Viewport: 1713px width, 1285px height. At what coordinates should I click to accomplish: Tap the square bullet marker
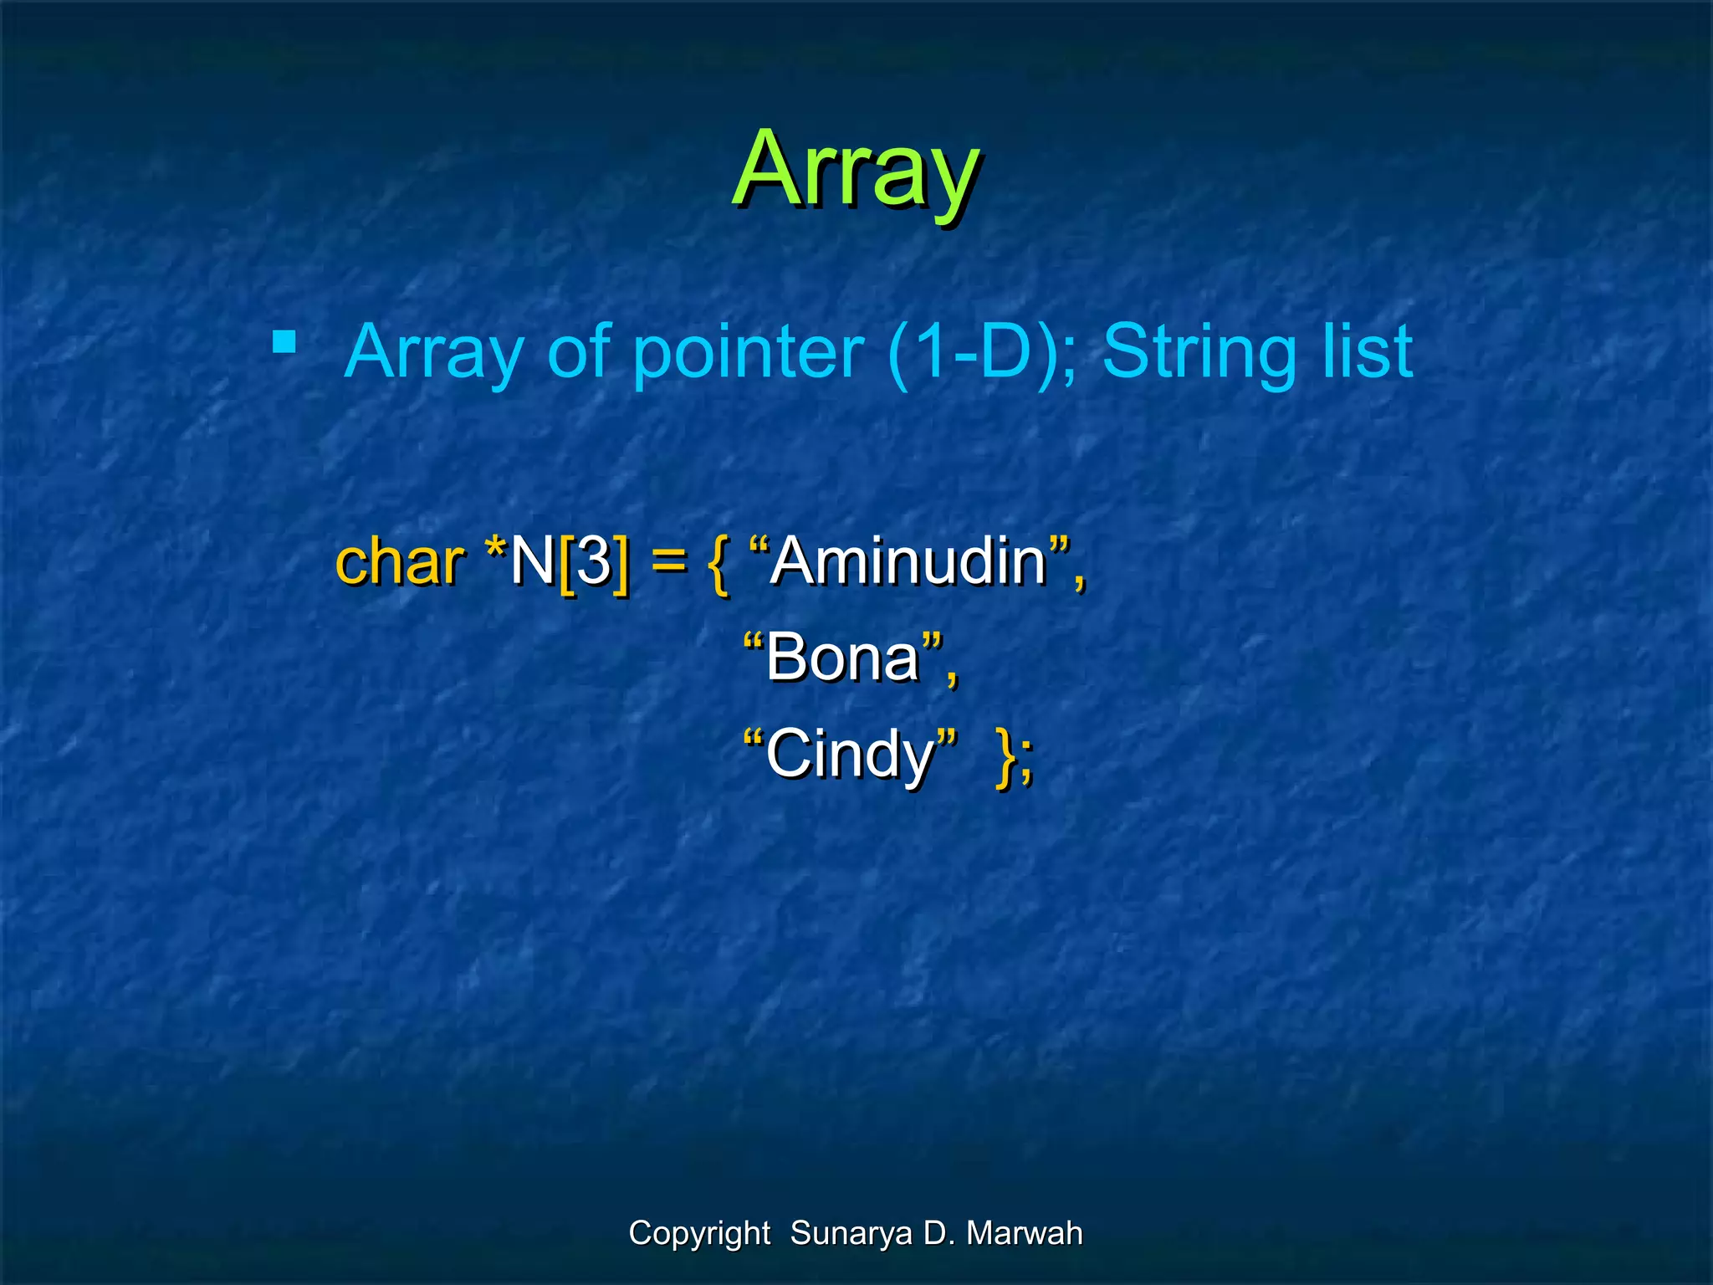tap(284, 341)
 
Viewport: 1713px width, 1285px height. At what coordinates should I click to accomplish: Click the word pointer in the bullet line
tap(747, 352)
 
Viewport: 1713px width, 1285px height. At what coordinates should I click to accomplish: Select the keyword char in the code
tap(399, 561)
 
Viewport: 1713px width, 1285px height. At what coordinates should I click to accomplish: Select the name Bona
tap(842, 658)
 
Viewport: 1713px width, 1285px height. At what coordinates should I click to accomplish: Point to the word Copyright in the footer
tap(699, 1234)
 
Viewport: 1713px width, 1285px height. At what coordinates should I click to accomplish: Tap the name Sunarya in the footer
tap(851, 1234)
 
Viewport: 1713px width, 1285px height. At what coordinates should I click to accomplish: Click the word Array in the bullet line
tap(434, 354)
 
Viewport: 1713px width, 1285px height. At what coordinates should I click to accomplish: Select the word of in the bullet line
tap(578, 352)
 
